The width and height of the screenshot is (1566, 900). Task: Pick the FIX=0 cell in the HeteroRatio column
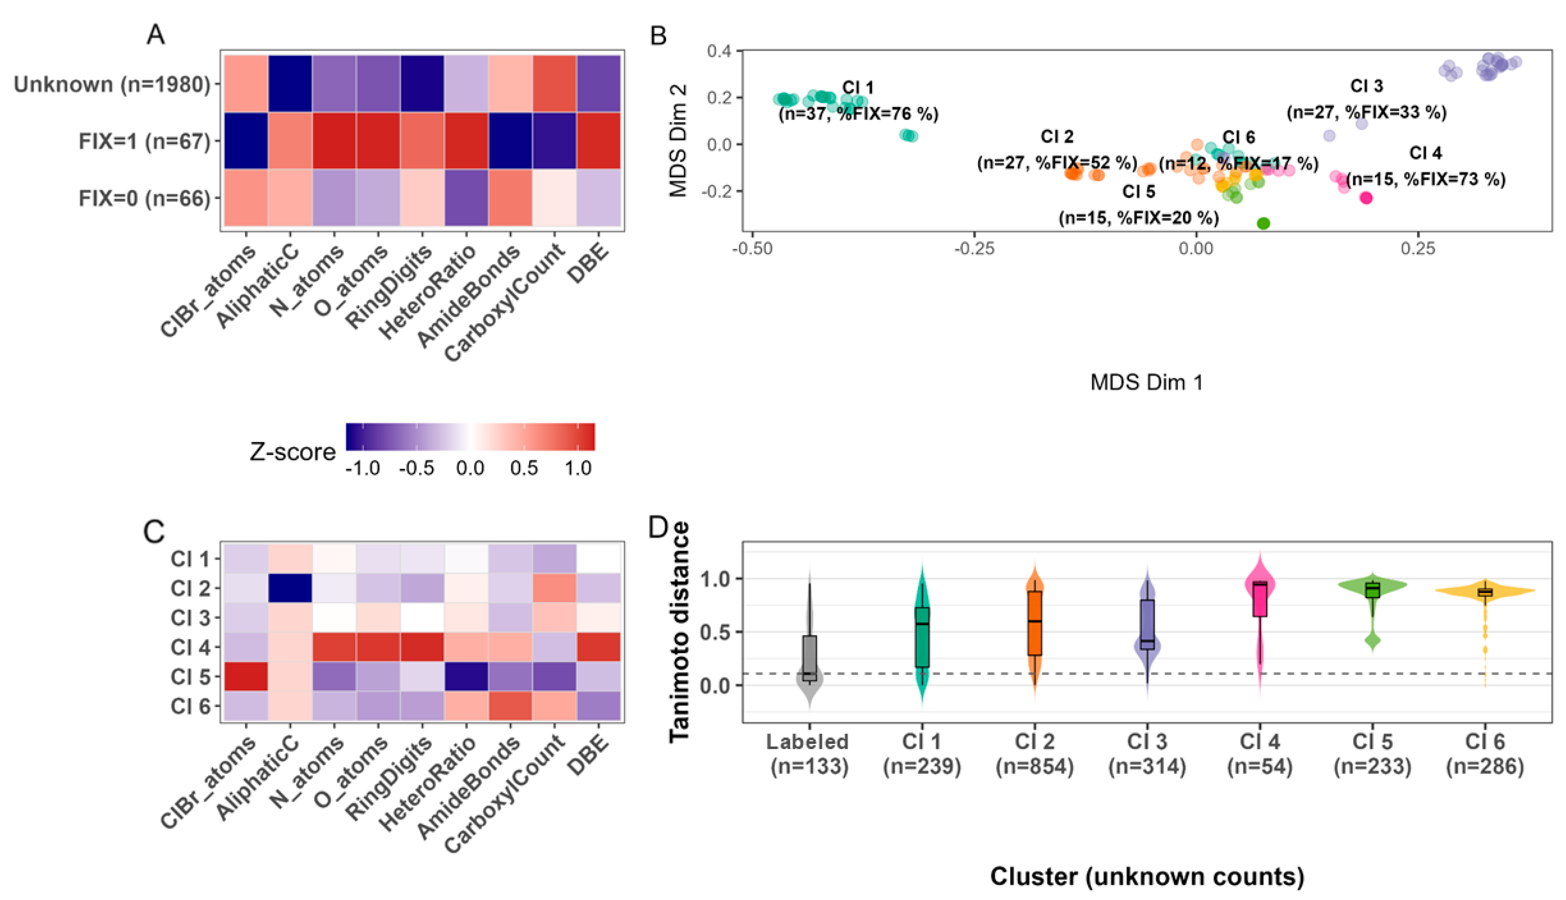coord(466,198)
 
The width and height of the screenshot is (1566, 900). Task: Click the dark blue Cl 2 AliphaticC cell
coord(290,588)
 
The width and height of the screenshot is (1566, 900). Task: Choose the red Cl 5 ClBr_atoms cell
coord(246,676)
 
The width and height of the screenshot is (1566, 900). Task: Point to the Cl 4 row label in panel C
coord(191,647)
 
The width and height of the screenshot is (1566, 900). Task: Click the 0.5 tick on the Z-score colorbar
coord(524,468)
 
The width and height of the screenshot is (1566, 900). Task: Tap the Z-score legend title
coord(292,452)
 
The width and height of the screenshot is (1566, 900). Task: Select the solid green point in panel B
coord(1263,223)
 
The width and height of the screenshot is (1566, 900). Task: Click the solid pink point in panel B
coord(1366,198)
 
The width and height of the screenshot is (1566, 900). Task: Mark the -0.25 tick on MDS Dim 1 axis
coord(974,249)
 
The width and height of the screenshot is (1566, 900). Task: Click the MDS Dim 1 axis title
coord(1147,383)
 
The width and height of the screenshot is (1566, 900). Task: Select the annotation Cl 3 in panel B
coord(1366,86)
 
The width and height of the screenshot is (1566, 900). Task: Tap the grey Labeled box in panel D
coord(810,658)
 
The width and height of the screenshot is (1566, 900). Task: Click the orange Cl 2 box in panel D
coord(1035,622)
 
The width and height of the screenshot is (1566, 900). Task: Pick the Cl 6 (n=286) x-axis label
coord(1485,754)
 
